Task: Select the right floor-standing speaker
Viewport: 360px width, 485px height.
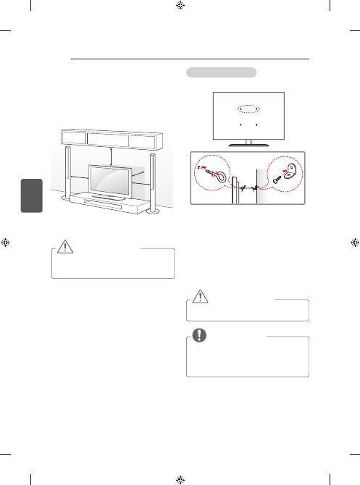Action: pos(154,185)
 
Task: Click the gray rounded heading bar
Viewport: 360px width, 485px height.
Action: pos(221,72)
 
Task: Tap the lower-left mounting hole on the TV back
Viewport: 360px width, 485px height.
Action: pos(240,125)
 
